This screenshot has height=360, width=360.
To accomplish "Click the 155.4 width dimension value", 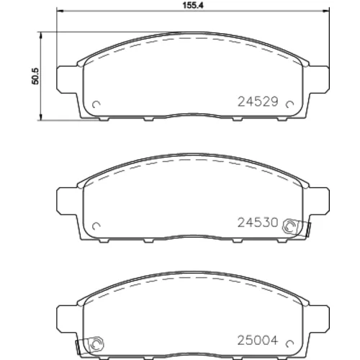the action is pyautogui.click(x=193, y=5).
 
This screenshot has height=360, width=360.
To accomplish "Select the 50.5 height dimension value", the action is pyautogui.click(x=35, y=76).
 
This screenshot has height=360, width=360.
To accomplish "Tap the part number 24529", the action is pyautogui.click(x=258, y=102).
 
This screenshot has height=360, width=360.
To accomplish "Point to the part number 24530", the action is pyautogui.click(x=258, y=222).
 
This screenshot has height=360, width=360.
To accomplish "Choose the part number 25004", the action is pyautogui.click(x=258, y=340).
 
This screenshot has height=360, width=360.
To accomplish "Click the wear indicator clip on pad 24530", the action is pyautogui.click(x=297, y=228).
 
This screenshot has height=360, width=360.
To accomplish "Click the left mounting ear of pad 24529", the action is pyautogui.click(x=67, y=78).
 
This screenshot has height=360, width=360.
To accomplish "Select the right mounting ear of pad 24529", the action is pyautogui.click(x=319, y=78).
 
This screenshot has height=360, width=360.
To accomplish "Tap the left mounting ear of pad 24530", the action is pyautogui.click(x=67, y=200).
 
